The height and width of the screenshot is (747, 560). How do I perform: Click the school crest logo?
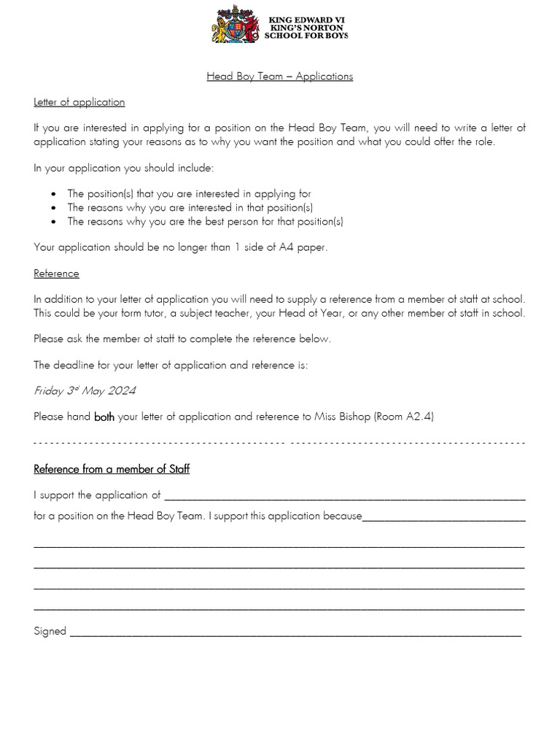click(235, 25)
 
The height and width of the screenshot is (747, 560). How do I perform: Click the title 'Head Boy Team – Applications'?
click(280, 76)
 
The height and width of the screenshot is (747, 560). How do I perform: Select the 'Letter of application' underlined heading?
click(79, 102)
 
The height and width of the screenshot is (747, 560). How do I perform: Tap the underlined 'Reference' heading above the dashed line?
click(56, 274)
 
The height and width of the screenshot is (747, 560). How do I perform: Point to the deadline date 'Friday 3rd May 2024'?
click(85, 390)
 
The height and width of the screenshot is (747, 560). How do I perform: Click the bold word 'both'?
click(104, 417)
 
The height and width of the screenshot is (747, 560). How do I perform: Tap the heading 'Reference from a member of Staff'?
click(112, 469)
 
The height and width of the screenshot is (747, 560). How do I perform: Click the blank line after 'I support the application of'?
click(344, 497)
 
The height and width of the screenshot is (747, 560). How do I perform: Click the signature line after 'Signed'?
click(295, 633)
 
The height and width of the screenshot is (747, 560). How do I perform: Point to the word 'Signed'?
click(50, 631)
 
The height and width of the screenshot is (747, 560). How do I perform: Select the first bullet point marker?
click(55, 195)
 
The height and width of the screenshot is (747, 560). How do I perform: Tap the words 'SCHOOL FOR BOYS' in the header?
click(306, 36)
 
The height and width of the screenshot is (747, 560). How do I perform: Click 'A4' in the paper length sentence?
click(287, 247)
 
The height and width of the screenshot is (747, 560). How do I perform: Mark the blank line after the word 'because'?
click(443, 518)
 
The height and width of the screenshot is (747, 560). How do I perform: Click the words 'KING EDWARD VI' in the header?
click(307, 20)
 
